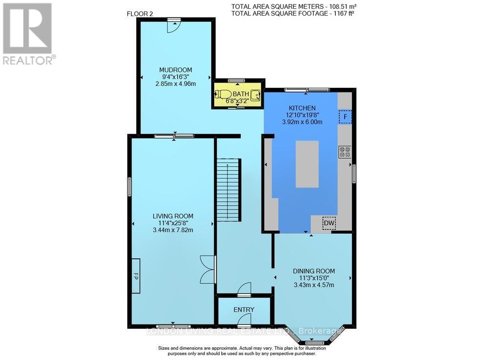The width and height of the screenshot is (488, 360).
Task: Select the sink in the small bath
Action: [x=255, y=95]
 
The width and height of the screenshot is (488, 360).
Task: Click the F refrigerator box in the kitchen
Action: [x=346, y=117]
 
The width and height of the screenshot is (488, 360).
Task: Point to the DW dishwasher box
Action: [x=329, y=223]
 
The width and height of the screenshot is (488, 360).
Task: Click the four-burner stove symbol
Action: [x=345, y=152]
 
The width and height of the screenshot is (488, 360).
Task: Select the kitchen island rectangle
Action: [x=307, y=164]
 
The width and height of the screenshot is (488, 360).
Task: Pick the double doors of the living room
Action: [x=208, y=269]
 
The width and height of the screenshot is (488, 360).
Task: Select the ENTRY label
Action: [x=244, y=310]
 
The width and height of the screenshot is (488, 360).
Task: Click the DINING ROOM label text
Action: [x=314, y=271]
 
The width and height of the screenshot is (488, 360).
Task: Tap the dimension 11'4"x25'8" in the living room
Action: [x=173, y=223]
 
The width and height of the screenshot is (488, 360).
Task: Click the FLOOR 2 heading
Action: [x=140, y=14]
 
